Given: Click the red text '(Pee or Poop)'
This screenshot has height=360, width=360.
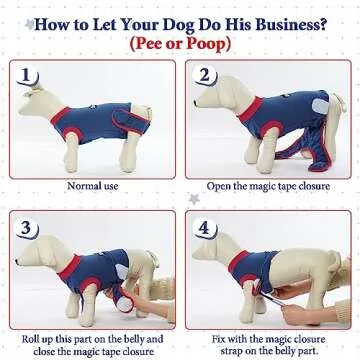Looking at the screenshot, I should tap(180, 44).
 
